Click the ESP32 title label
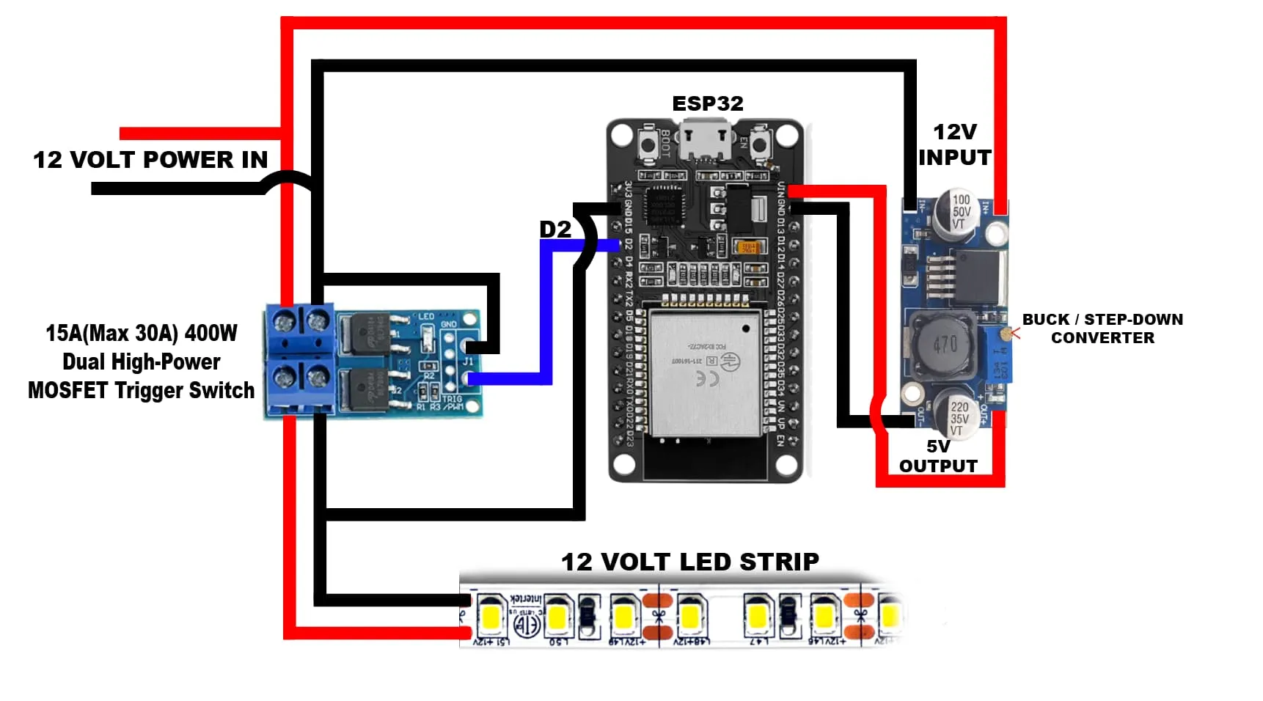pos(708,104)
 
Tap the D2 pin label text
pos(555,230)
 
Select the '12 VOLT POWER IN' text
pos(150,160)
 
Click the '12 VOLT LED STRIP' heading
pos(689,562)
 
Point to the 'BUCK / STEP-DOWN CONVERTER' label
pos(1102,329)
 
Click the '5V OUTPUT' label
pos(938,456)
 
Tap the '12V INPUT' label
pos(954,144)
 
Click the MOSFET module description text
pos(141,361)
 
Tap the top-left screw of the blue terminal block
pos(284,320)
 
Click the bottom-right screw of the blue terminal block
pos(317,378)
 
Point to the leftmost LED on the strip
pos(490,616)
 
